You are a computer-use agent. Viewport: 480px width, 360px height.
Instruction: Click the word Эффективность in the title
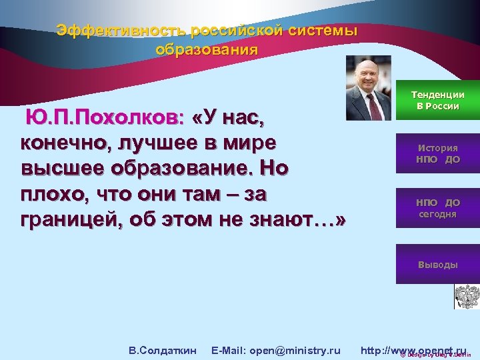coord(121,31)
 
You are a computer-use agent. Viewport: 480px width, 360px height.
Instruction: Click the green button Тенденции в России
coord(438,101)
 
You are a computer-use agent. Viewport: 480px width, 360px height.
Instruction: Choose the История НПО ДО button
coord(438,154)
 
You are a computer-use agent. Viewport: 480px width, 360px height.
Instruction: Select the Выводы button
coord(438,265)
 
